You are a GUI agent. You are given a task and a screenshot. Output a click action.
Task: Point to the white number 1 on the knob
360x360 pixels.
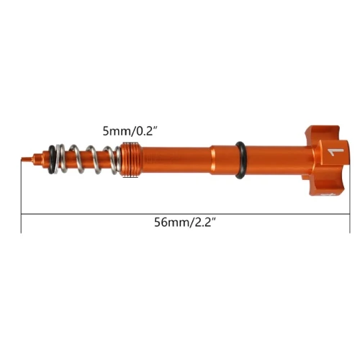pyautogui.click(x=336, y=152)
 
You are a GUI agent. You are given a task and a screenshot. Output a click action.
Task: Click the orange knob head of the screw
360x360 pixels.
pyautogui.click(x=328, y=161)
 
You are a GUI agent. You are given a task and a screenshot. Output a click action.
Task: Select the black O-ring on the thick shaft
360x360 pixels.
pyautogui.click(x=240, y=160)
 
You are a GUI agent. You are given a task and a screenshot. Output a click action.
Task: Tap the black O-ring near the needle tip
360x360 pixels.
pyautogui.click(x=51, y=159)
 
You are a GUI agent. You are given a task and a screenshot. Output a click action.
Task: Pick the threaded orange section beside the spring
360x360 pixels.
pyautogui.click(x=131, y=160)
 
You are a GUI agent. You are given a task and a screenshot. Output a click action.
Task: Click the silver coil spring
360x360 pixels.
pyautogui.click(x=89, y=159)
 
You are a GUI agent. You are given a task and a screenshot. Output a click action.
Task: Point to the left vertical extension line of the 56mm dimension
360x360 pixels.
pyautogui.click(x=22, y=197)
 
